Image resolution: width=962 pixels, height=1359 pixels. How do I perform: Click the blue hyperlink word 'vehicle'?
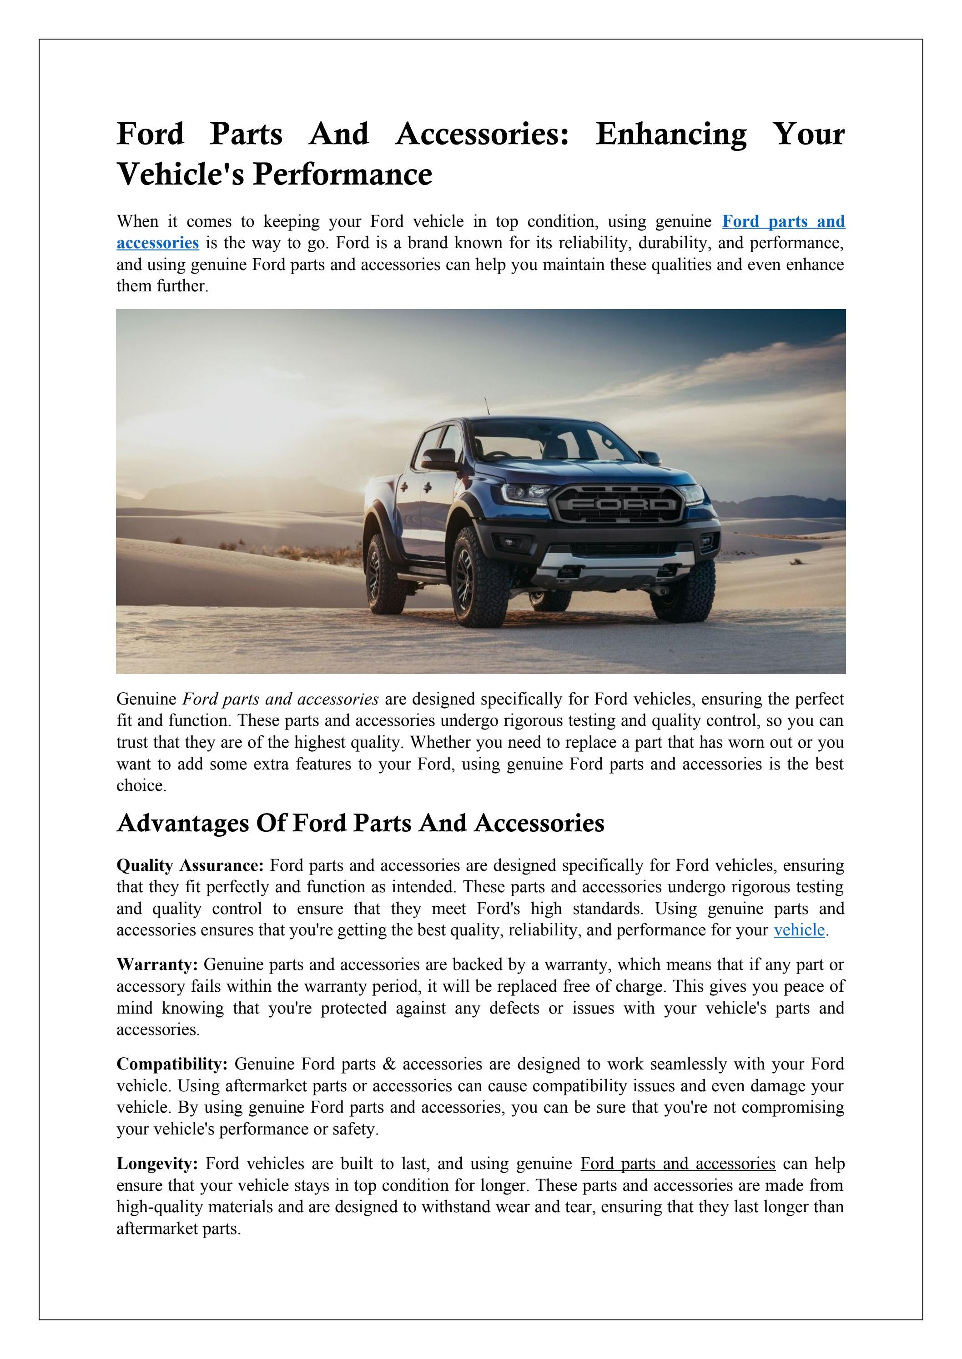799,930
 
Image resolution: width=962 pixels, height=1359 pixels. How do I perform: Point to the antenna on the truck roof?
487,407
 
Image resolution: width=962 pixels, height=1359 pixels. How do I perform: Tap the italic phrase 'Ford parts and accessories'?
280,699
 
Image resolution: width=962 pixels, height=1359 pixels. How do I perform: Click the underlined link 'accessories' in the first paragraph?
157,243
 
